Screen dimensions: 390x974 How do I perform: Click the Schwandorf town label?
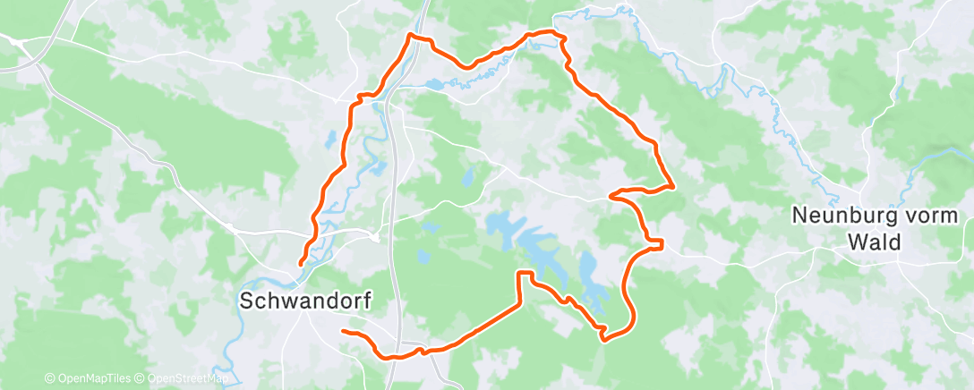tap(305, 301)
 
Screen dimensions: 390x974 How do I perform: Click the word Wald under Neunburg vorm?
tap(876, 242)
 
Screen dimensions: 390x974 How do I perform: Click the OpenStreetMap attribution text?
tap(185, 378)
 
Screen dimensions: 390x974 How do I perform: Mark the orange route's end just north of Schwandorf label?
tap(300, 263)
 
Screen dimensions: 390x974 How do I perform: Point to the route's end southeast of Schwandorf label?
tap(343, 332)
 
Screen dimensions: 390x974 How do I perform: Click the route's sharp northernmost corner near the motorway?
tap(410, 35)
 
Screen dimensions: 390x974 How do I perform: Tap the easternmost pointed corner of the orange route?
tap(671, 186)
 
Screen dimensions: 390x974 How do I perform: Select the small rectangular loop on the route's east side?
tap(656, 242)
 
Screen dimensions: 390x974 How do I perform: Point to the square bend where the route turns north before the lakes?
tap(519, 274)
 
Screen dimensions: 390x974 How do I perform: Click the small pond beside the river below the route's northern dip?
tap(434, 85)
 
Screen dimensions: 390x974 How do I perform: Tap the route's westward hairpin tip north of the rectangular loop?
tap(611, 193)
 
